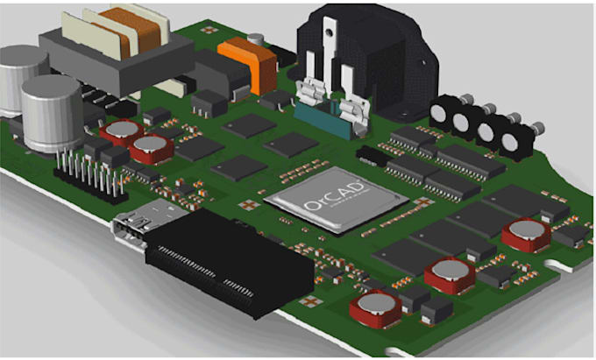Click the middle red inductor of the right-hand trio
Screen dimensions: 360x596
(449, 274)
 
